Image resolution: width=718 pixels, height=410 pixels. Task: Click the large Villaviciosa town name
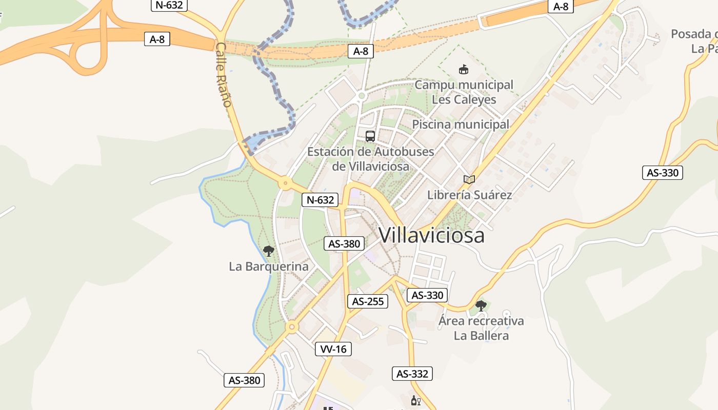point(431,235)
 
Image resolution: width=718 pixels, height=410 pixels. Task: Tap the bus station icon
point(370,136)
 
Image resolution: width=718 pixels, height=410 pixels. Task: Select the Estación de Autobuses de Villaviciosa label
point(370,159)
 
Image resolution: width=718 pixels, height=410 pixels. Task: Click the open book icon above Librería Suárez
point(469,179)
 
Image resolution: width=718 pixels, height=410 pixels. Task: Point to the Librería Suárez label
point(469,195)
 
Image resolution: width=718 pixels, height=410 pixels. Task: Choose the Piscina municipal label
point(461,125)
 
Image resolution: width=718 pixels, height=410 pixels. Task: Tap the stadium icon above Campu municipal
point(464,70)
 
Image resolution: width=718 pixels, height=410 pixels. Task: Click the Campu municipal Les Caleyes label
point(464,92)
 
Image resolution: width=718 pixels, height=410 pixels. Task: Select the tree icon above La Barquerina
point(268,251)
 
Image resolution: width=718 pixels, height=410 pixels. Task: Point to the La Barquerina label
point(268,266)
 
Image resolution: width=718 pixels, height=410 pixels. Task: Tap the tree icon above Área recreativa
point(481,306)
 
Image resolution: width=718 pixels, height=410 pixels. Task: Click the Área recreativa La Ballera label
point(481,328)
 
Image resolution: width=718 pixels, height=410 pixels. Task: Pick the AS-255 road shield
point(367,301)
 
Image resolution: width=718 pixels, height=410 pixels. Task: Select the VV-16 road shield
point(333,349)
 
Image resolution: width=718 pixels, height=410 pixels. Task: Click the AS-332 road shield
point(412,374)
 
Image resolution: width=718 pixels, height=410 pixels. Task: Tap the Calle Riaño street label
point(224,75)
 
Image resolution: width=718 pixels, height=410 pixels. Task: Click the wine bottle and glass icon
point(415,400)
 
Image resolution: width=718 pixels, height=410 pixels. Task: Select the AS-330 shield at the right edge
point(663,173)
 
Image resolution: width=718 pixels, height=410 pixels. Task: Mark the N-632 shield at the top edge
point(169,6)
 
